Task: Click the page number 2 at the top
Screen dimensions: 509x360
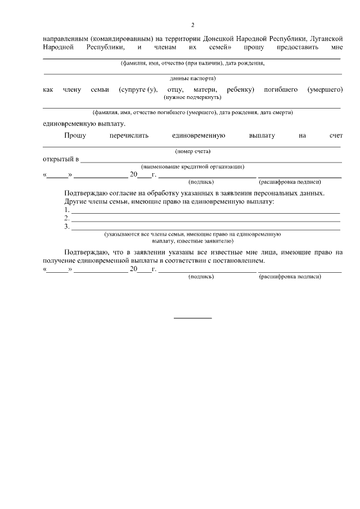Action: [x=192, y=25]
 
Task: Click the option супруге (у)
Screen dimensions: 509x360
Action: [x=138, y=90]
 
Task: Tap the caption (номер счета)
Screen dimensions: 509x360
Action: [x=192, y=151]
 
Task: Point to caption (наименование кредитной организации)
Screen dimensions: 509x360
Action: [x=192, y=166]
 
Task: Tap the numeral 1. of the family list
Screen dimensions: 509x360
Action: [x=67, y=210]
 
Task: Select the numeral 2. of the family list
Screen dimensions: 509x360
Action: [x=67, y=218]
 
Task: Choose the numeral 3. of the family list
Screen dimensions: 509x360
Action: [x=67, y=227]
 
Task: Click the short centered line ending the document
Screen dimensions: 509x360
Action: [x=192, y=318]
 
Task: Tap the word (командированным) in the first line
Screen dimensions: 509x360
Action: [x=122, y=38]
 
